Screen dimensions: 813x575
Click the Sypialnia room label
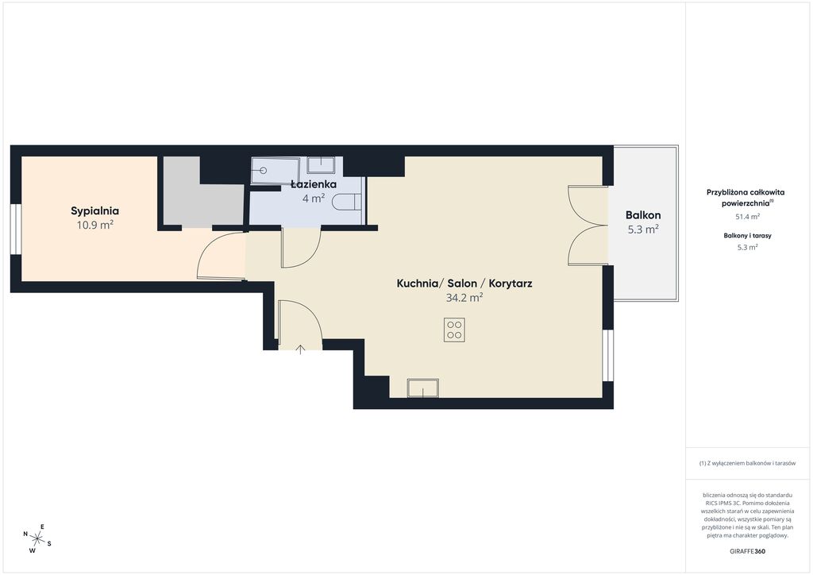[95, 211]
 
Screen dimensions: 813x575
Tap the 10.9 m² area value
[95, 225]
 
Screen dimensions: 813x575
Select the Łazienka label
[313, 184]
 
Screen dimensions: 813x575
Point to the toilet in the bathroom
[346, 202]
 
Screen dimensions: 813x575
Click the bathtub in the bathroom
[275, 171]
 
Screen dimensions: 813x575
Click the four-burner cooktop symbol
[454, 330]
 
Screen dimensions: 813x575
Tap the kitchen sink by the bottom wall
[423, 388]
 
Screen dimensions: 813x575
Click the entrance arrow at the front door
[300, 349]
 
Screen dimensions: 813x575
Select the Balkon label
[643, 215]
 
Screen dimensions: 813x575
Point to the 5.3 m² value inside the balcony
[643, 230]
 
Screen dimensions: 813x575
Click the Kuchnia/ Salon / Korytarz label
[464, 284]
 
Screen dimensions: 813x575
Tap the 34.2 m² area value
[464, 298]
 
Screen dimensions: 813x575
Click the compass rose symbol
[37, 537]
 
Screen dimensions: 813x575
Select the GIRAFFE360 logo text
[747, 551]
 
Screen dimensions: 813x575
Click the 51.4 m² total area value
[748, 217]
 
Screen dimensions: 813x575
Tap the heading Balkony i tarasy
[748, 235]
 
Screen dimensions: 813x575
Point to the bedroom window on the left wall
[16, 230]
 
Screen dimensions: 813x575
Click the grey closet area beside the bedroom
[202, 195]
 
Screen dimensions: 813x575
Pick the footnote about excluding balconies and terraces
[747, 463]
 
